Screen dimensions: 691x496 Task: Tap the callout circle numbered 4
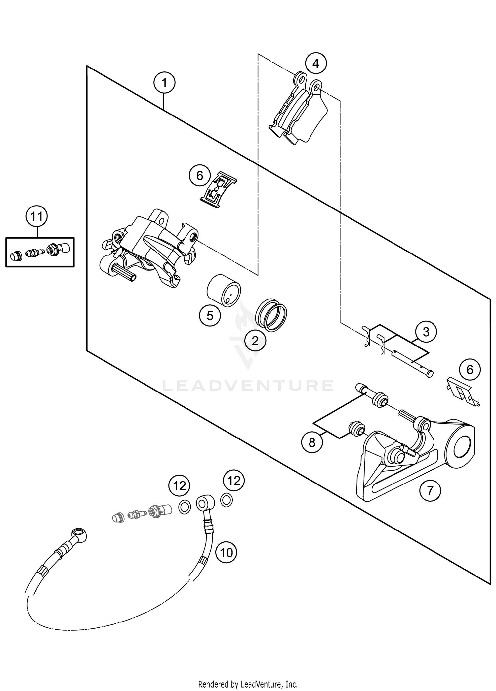316,63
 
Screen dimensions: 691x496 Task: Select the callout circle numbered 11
37,216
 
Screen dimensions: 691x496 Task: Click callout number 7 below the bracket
430,490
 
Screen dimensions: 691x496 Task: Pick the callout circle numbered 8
312,442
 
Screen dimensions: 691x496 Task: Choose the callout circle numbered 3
426,332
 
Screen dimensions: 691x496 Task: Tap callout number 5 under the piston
210,316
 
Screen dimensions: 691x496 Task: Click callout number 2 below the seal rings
255,341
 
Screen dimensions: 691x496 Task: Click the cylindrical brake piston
224,290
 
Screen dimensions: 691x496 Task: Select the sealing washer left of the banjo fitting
185,507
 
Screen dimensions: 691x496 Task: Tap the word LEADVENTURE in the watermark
248,385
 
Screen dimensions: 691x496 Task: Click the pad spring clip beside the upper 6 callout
219,190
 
